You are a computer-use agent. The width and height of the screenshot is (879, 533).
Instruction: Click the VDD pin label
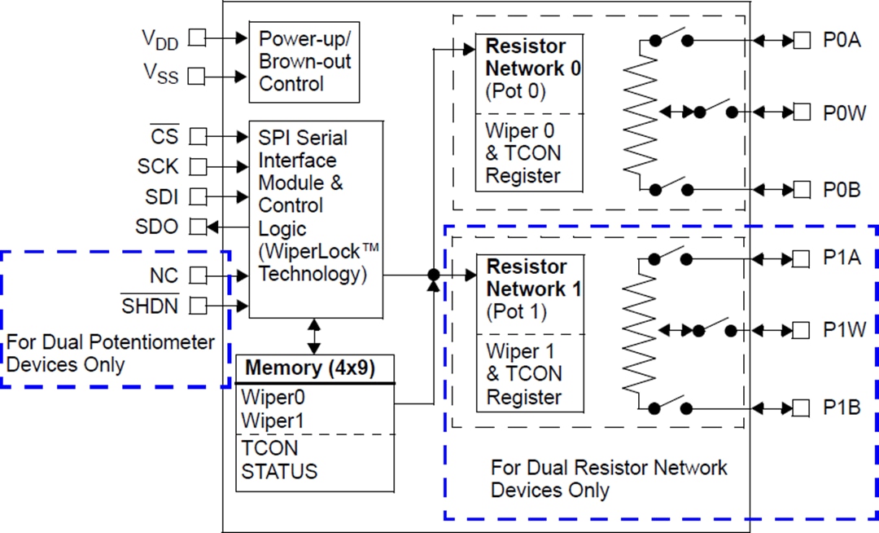(x=160, y=38)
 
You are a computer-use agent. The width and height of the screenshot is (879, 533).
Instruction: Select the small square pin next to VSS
(x=196, y=77)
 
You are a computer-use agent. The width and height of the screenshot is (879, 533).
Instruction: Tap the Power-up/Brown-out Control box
(x=304, y=62)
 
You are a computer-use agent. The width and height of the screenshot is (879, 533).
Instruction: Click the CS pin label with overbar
(x=164, y=135)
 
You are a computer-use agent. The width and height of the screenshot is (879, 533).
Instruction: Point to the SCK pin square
(x=196, y=166)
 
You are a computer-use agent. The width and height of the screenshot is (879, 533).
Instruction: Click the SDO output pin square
(x=196, y=227)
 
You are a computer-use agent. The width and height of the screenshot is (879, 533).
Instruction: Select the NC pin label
(x=164, y=275)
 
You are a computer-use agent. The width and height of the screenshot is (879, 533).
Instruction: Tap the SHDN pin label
(x=150, y=306)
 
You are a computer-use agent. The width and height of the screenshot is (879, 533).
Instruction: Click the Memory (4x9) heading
(x=310, y=368)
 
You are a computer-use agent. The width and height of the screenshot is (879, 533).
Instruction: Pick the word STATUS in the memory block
(x=279, y=471)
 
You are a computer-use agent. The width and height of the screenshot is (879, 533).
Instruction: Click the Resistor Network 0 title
(x=533, y=56)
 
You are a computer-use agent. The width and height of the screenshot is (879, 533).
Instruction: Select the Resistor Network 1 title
(x=533, y=278)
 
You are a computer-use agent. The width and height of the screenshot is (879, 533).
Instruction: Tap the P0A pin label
(x=841, y=40)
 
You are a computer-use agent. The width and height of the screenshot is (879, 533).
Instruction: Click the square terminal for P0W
(x=802, y=112)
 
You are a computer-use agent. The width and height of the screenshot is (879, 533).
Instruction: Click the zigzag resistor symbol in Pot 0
(x=640, y=114)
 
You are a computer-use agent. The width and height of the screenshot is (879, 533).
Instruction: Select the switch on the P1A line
(x=670, y=258)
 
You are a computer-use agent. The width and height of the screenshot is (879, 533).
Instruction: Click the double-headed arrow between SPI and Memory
(x=314, y=336)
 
